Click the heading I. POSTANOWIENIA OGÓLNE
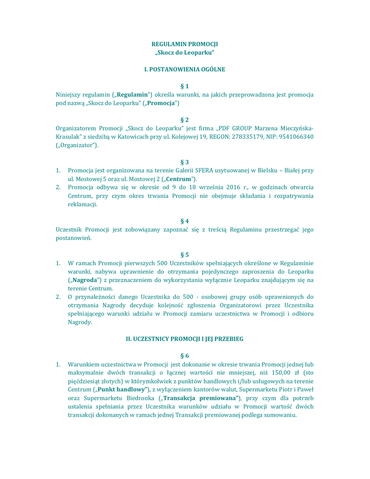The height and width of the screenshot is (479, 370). point(184,69)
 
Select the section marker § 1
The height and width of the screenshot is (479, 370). point(184,86)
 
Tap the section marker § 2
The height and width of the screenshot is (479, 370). point(184,120)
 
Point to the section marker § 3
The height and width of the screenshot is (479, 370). point(184,162)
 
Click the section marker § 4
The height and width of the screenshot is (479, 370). point(184,221)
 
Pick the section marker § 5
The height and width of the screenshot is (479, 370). point(184,254)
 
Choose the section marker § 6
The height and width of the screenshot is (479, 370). point(184,356)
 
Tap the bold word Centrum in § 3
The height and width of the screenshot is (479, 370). point(179,179)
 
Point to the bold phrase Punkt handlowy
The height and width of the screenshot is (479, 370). point(122,390)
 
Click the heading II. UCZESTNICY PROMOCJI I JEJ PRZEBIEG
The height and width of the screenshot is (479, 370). point(184,339)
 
